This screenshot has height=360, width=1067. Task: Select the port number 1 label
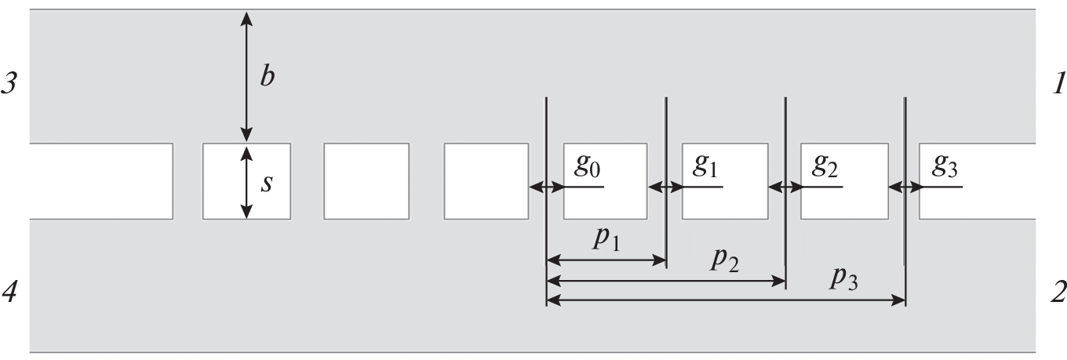tap(1056, 83)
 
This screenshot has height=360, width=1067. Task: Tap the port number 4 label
tap(9, 293)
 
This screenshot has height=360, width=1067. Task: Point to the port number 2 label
tap(1057, 293)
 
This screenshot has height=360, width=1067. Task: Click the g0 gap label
tap(588, 167)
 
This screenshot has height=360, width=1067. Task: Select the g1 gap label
tap(705, 167)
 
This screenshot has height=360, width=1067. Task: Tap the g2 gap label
tap(825, 167)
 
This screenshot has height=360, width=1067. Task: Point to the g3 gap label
tap(944, 167)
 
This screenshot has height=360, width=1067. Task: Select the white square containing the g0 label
tap(605, 200)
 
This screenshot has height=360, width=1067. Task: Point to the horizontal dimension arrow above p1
tap(606, 258)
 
